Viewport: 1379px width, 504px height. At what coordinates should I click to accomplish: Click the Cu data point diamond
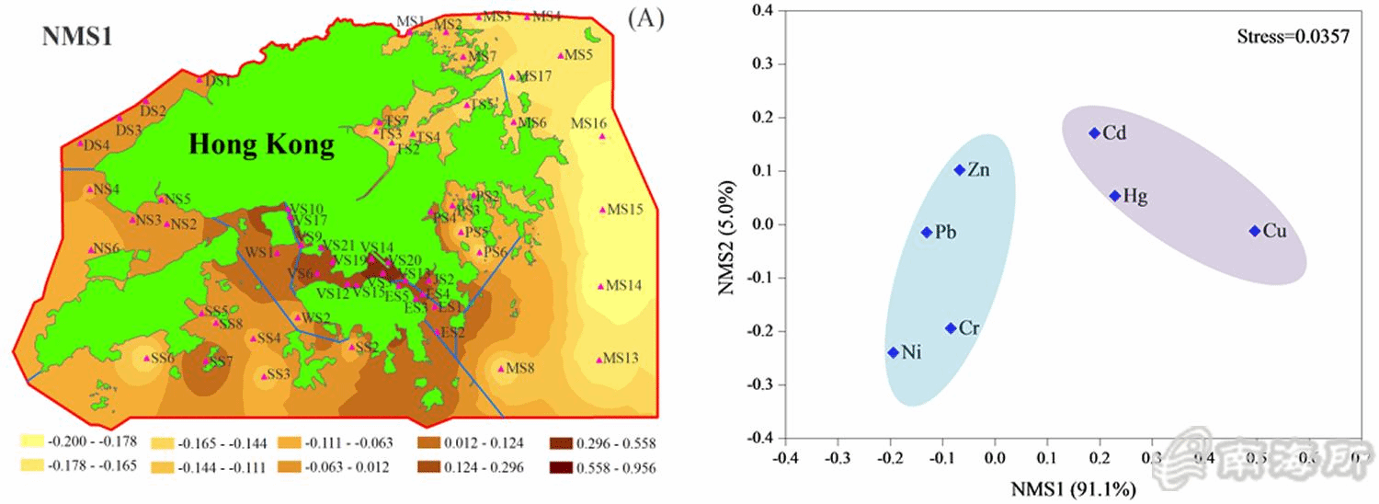click(x=1254, y=231)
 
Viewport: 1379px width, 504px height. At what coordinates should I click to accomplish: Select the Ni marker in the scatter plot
click(x=893, y=352)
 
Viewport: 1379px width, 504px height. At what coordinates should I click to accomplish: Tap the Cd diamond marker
click(x=1094, y=133)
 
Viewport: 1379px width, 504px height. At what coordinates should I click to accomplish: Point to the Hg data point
click(x=1114, y=196)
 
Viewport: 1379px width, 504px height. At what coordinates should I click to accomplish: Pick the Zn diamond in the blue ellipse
click(x=960, y=170)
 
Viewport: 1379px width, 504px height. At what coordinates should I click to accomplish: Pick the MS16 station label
click(x=589, y=123)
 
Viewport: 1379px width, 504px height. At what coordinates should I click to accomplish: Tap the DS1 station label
click(x=219, y=81)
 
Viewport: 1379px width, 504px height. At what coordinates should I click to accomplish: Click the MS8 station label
click(x=520, y=369)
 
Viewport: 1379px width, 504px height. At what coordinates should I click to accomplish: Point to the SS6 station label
click(x=162, y=358)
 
